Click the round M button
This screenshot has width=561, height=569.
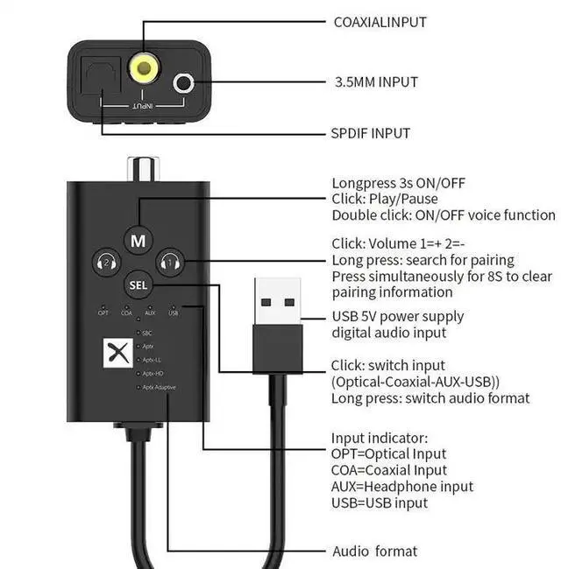[138, 239]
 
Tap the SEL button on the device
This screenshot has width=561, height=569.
[138, 284]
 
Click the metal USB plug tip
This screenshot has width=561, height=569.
[277, 300]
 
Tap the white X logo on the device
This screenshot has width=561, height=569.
[114, 353]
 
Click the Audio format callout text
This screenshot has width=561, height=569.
[374, 551]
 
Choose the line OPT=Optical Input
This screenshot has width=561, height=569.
[388, 453]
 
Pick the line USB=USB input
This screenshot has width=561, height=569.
[379, 502]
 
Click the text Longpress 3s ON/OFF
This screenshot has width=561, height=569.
[398, 183]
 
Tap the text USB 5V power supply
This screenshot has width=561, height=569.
[397, 316]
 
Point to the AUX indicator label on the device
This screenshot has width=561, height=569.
[150, 313]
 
